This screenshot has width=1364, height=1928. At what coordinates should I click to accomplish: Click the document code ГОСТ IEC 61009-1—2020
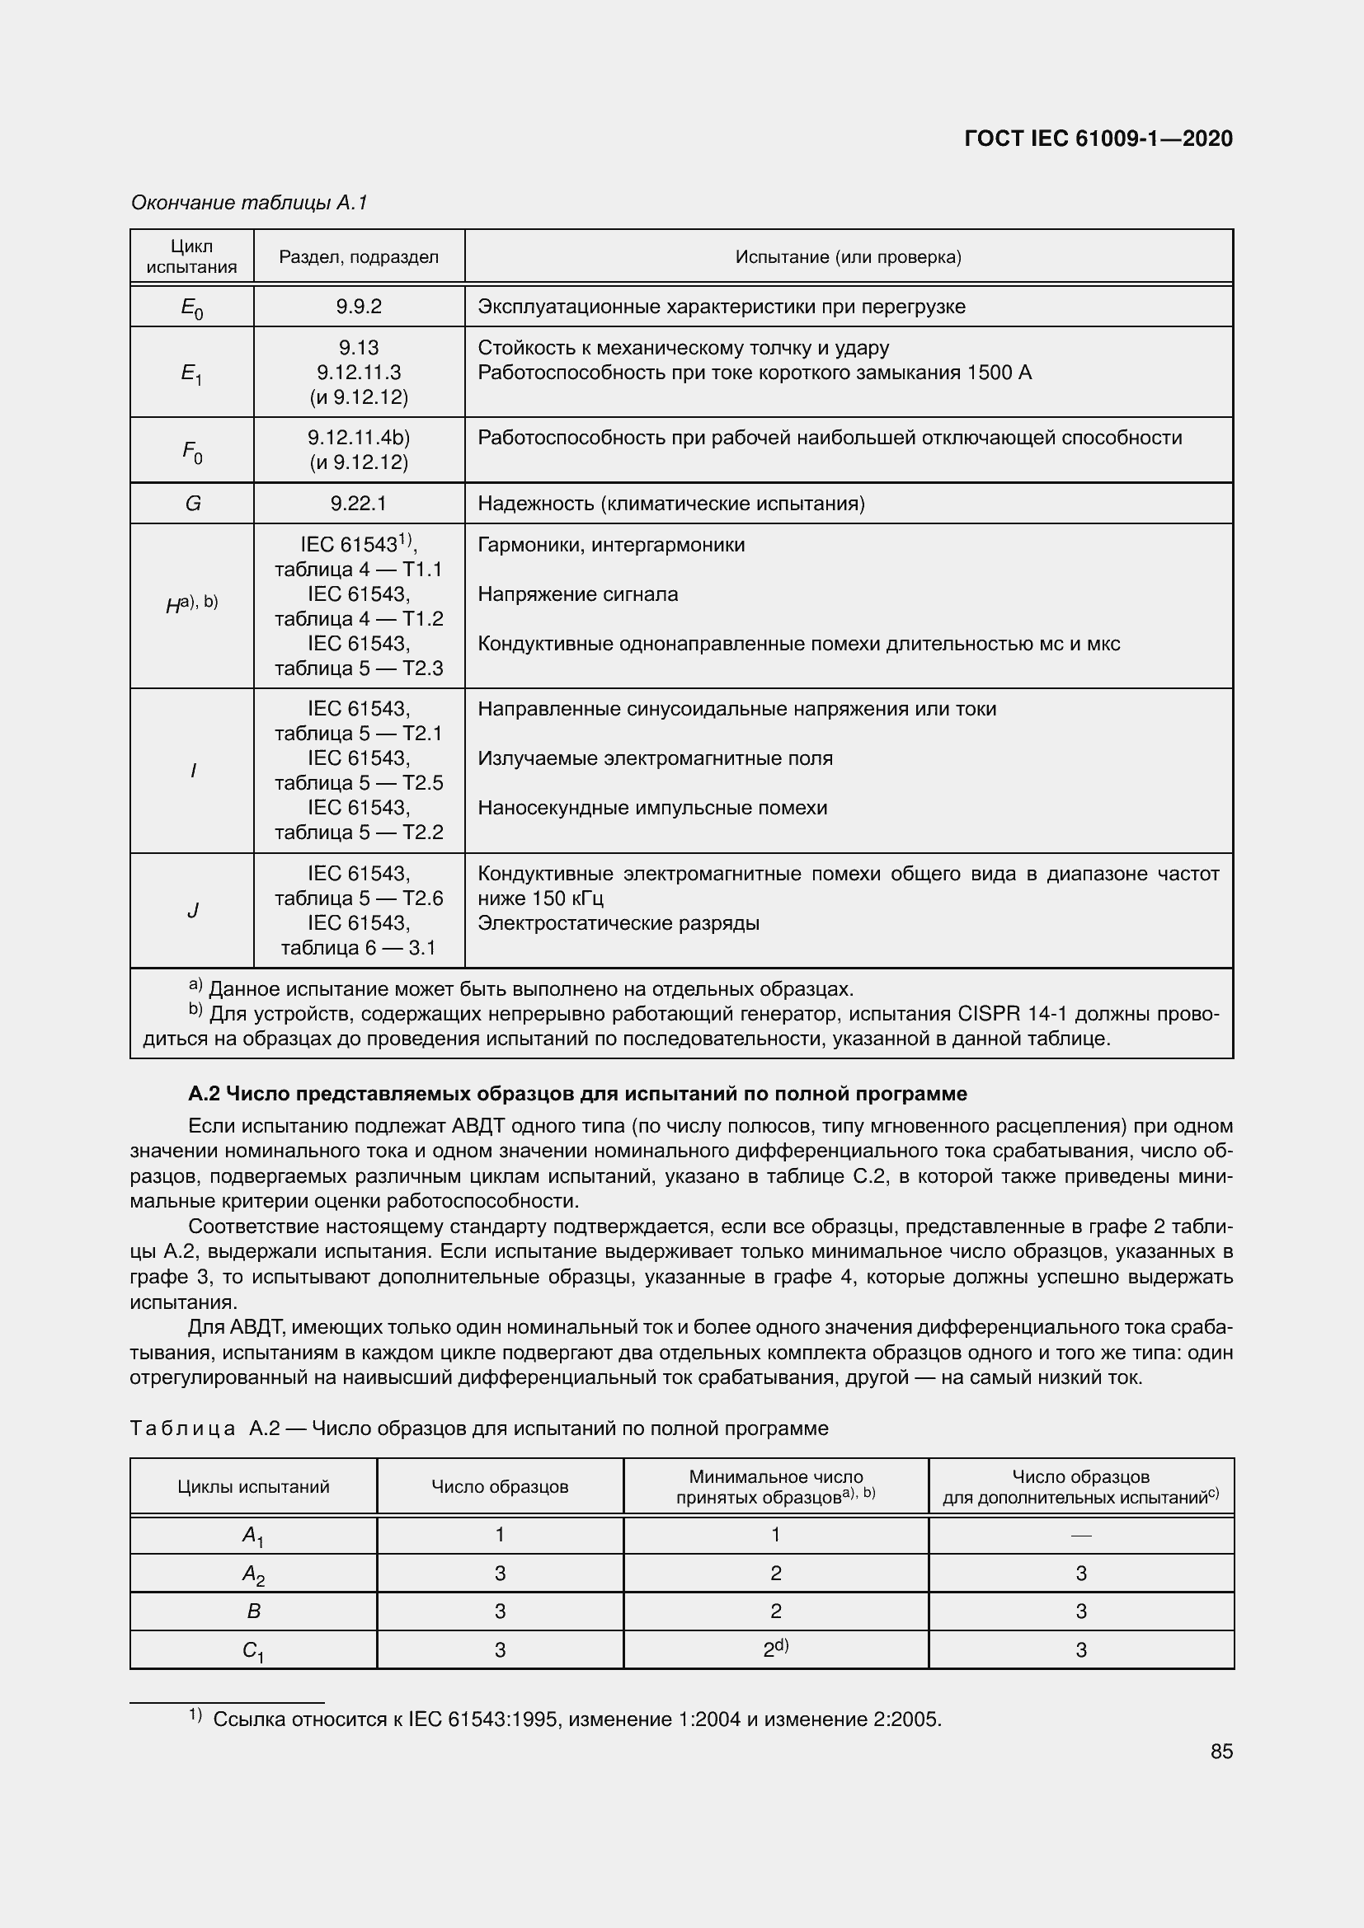point(1098,138)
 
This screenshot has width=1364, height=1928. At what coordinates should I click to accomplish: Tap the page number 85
point(1221,1751)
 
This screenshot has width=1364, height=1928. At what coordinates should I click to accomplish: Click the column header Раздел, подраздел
point(359,257)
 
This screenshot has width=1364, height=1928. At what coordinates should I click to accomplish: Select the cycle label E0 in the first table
point(192,308)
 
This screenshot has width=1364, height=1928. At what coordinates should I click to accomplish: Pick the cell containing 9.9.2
point(359,307)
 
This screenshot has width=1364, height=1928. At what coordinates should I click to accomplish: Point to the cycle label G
point(192,504)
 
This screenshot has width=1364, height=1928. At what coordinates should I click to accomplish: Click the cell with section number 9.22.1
point(359,504)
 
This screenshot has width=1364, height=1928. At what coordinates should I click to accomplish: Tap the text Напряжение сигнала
point(577,594)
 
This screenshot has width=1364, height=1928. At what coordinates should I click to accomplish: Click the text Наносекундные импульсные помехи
point(651,808)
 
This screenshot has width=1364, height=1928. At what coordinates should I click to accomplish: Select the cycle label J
point(192,910)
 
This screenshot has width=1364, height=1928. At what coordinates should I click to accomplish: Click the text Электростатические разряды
point(619,924)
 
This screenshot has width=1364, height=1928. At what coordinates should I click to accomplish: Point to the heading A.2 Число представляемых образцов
point(577,1093)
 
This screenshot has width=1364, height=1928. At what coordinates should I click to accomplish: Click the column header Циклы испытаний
point(253,1486)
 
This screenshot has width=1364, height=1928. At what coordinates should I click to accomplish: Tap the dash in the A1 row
point(1081,1536)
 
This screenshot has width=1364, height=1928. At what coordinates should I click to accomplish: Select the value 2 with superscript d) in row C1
point(775,1649)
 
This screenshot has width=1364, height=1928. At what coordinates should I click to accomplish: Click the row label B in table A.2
point(253,1611)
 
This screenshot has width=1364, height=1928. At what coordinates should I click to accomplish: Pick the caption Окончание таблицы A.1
point(249,203)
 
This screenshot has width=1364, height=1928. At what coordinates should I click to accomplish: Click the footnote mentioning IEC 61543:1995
point(576,1719)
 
